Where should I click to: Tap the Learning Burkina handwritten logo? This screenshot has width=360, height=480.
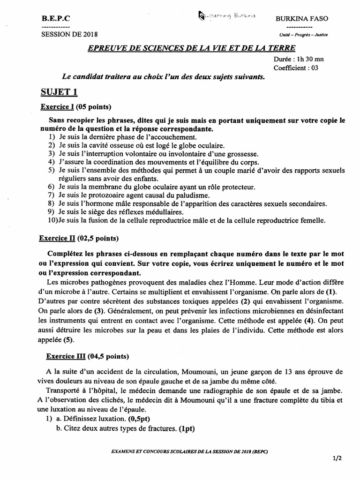point(226,17)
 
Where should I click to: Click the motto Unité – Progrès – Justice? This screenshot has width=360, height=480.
point(303,35)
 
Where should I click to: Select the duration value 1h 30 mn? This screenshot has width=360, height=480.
point(308,60)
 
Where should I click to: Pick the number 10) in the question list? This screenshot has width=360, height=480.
point(53,220)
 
